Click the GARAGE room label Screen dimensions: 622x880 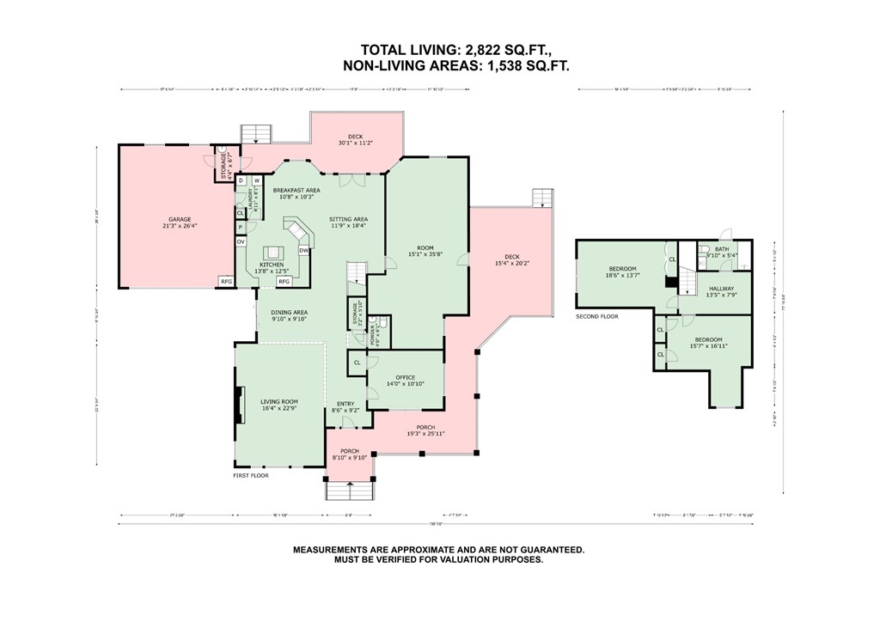point(180,219)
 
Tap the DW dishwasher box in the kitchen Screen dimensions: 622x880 point(303,250)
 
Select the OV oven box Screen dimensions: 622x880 point(241,242)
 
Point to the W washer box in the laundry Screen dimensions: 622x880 point(256,180)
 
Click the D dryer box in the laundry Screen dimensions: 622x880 point(241,180)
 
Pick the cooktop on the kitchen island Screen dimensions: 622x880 point(274,253)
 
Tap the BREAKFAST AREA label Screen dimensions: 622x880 point(296,190)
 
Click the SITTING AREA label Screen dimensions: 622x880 point(348,219)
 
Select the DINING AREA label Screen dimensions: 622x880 point(290,313)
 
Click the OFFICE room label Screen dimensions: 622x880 point(405,377)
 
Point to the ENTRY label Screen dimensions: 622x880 point(345,404)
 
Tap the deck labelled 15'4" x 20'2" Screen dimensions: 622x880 point(512,256)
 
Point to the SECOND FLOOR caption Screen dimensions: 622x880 point(597,316)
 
